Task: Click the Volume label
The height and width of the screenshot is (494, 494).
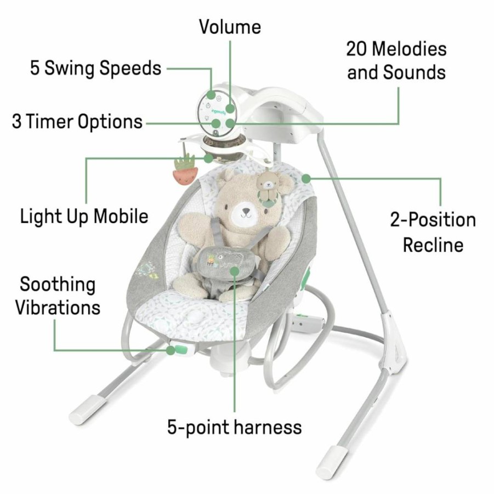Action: click(x=230, y=27)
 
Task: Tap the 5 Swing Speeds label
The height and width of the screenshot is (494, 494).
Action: click(x=96, y=69)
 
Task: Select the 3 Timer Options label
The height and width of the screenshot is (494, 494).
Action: click(x=77, y=122)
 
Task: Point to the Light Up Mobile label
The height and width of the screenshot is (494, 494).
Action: click(x=84, y=217)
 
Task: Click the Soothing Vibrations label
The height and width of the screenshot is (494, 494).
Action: click(x=58, y=296)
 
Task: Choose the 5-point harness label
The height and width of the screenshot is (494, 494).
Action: click(x=235, y=428)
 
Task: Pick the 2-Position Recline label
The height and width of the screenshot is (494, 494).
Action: click(x=433, y=232)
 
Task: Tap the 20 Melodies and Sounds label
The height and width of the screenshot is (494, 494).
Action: click(x=396, y=60)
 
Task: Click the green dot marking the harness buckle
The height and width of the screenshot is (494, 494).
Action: click(x=235, y=270)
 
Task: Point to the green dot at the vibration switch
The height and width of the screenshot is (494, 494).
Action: click(x=171, y=350)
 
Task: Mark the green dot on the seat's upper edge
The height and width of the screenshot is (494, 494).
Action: click(x=306, y=179)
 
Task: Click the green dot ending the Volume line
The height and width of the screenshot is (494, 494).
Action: click(x=230, y=109)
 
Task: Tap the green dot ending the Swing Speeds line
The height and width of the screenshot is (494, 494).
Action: click(x=212, y=94)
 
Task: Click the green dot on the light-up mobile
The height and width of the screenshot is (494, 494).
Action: click(x=208, y=158)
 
